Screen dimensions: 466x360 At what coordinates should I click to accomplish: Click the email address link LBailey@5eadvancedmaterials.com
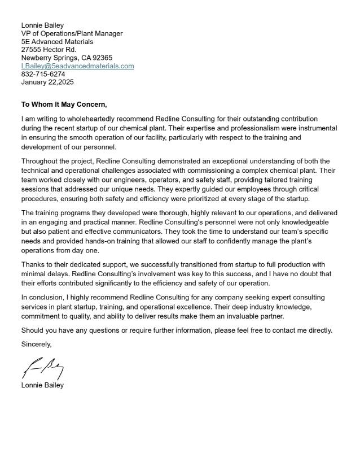pyautogui.click(x=77, y=66)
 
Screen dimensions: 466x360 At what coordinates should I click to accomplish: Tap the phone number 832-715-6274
pyautogui.click(x=43, y=74)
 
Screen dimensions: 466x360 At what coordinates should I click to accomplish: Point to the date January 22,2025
pyautogui.click(x=47, y=82)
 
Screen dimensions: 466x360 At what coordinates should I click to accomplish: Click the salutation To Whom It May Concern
pyautogui.click(x=64, y=104)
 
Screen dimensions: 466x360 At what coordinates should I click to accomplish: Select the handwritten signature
pyautogui.click(x=42, y=368)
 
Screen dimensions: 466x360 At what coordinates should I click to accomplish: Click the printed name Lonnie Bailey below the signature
pyautogui.click(x=42, y=385)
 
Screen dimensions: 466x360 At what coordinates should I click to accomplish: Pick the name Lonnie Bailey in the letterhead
pyautogui.click(x=42, y=25)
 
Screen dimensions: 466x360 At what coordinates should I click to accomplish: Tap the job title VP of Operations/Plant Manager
pyautogui.click(x=72, y=33)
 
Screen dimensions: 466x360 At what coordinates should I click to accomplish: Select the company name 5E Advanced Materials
pyautogui.click(x=57, y=41)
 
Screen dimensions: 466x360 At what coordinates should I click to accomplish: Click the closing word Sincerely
pyautogui.click(x=36, y=344)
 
